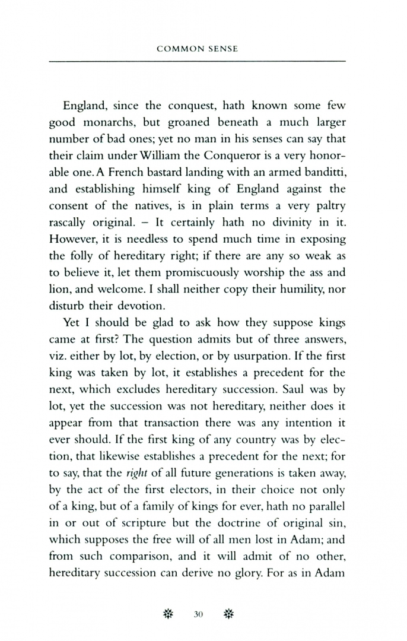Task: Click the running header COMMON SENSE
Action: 197,49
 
